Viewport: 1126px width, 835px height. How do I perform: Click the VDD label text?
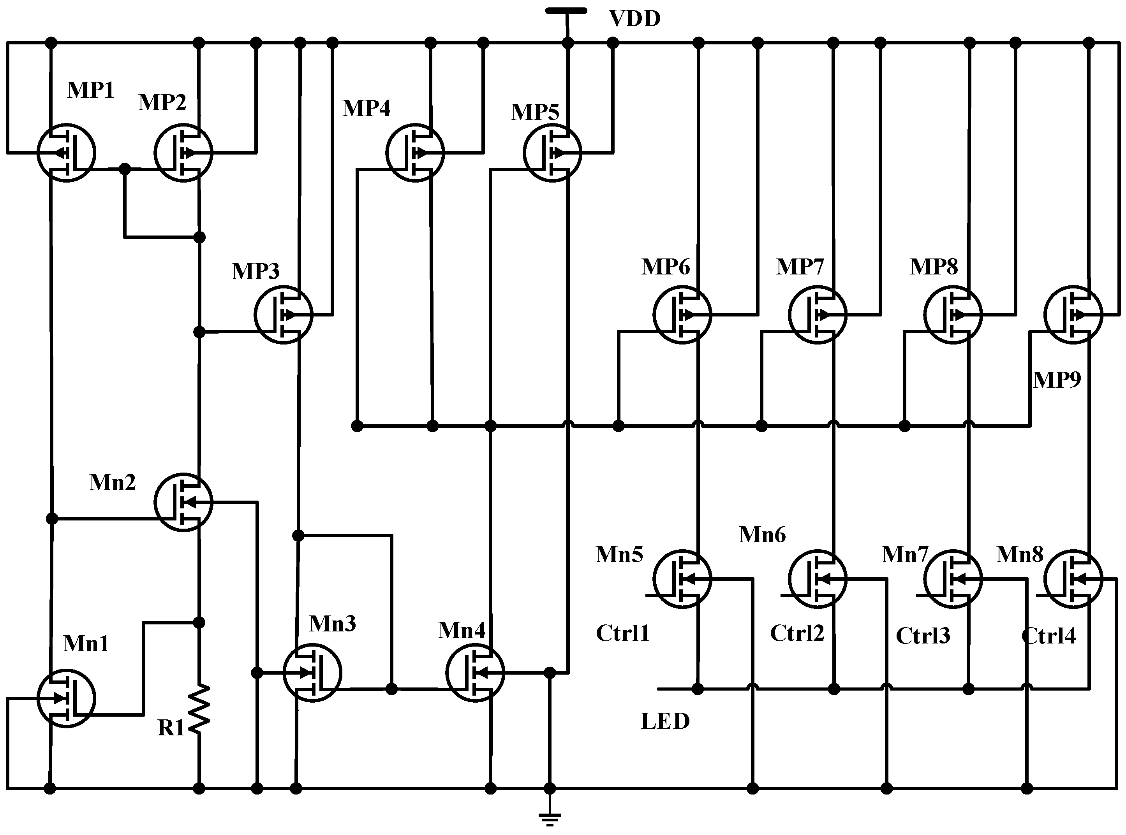point(634,19)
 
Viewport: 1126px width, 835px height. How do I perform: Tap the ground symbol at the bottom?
point(550,818)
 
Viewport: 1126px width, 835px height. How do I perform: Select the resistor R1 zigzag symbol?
point(199,708)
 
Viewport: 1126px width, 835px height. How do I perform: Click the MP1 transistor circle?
point(66,153)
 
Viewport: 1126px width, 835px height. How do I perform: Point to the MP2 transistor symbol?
point(183,153)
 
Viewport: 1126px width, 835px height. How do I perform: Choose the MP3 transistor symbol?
point(283,315)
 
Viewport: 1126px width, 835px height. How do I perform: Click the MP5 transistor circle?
point(552,153)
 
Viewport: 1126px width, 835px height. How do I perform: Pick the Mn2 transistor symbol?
point(183,502)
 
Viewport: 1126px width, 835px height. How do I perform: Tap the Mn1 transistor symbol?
point(66,698)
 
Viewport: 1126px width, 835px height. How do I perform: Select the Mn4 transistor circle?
point(475,673)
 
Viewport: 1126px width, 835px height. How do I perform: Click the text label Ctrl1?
point(622,633)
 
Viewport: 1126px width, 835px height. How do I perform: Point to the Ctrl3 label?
point(923,636)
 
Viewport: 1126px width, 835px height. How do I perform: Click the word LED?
point(665,721)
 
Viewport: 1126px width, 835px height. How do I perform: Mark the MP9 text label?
point(1057,380)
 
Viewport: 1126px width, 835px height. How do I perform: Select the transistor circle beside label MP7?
point(817,315)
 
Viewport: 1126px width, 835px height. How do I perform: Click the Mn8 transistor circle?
point(1073,579)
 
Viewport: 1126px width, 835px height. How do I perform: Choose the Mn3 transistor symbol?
point(312,673)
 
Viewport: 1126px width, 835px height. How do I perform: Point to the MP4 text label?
point(366,108)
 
